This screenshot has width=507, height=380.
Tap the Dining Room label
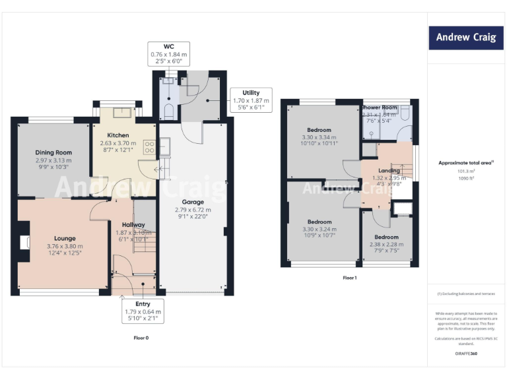pos(53,152)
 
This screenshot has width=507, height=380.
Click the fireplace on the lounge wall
pos(26,243)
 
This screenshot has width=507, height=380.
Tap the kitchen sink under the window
pos(122,112)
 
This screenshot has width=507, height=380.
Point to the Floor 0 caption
pos(141,337)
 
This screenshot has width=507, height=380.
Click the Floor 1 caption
pos(349,278)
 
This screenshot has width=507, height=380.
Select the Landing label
pos(389,170)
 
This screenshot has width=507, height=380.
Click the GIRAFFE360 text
pos(466,355)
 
